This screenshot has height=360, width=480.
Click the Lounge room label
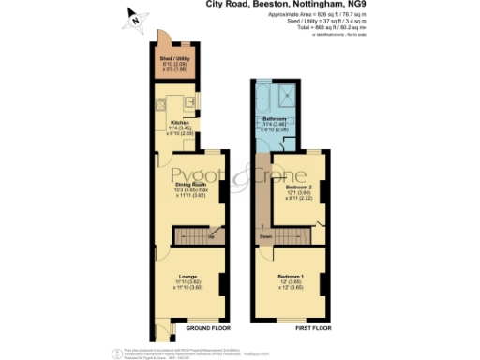[190, 275]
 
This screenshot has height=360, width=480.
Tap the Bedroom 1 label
[292, 276]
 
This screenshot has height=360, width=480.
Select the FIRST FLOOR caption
[310, 329]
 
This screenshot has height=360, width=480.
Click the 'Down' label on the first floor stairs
[266, 236]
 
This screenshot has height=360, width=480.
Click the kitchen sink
[188, 100]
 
